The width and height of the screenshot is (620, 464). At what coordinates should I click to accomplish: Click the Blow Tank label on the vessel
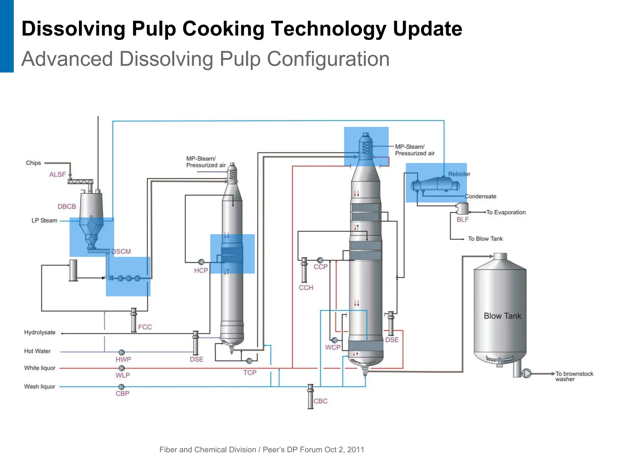pyautogui.click(x=502, y=316)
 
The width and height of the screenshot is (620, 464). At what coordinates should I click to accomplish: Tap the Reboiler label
pyautogui.click(x=459, y=174)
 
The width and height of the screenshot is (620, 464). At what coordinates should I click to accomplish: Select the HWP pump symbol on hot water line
pyautogui.click(x=122, y=352)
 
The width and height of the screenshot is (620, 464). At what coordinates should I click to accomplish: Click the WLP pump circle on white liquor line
pyautogui.click(x=122, y=368)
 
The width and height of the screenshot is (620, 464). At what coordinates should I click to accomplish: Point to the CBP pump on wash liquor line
pyautogui.click(x=121, y=387)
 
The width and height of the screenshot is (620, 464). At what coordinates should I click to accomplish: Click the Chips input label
pyautogui.click(x=33, y=163)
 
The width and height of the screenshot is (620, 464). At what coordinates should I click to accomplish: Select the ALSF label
pyautogui.click(x=58, y=175)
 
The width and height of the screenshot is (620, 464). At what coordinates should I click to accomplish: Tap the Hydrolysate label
pyautogui.click(x=40, y=332)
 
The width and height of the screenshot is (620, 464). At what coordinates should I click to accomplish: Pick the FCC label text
pyautogui.click(x=145, y=327)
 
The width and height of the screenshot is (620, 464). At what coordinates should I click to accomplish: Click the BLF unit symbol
pyautogui.click(x=462, y=209)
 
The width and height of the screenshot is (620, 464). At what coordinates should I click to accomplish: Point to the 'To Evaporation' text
pyautogui.click(x=506, y=212)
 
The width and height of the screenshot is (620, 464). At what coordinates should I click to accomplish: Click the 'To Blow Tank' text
pyautogui.click(x=485, y=239)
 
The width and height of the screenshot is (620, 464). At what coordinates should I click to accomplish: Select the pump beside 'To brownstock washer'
pyautogui.click(x=526, y=374)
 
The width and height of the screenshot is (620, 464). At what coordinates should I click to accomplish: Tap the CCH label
pyautogui.click(x=306, y=288)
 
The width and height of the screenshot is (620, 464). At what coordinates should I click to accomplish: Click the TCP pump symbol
pyautogui.click(x=249, y=361)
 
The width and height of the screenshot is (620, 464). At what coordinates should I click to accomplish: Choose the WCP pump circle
pyautogui.click(x=335, y=340)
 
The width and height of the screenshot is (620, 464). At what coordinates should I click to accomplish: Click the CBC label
pyautogui.click(x=320, y=401)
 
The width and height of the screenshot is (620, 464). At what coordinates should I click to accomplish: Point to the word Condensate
pyautogui.click(x=480, y=196)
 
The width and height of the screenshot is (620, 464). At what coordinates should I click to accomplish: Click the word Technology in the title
pyautogui.click(x=328, y=29)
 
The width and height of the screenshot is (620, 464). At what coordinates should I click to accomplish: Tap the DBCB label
pyautogui.click(x=67, y=207)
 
